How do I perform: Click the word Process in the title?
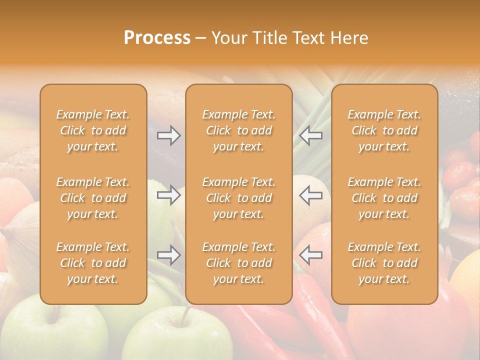coord(157,38)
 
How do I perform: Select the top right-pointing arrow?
coord(169,135)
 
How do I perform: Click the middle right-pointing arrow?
coord(169,194)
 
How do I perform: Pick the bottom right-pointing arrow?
coord(169,255)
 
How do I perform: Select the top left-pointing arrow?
coord(310,135)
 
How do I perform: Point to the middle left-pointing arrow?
coord(310,194)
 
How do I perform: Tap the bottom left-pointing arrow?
coord(310,255)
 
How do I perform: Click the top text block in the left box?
coord(93,130)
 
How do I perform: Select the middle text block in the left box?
coord(93,198)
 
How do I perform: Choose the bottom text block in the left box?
coord(93,263)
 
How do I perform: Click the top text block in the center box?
coord(238,130)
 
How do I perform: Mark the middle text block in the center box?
coord(238,198)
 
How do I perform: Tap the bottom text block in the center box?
coord(238,263)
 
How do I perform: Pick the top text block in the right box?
coord(384,130)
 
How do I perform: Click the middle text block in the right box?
coord(384,198)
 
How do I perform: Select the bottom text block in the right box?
coord(384,263)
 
